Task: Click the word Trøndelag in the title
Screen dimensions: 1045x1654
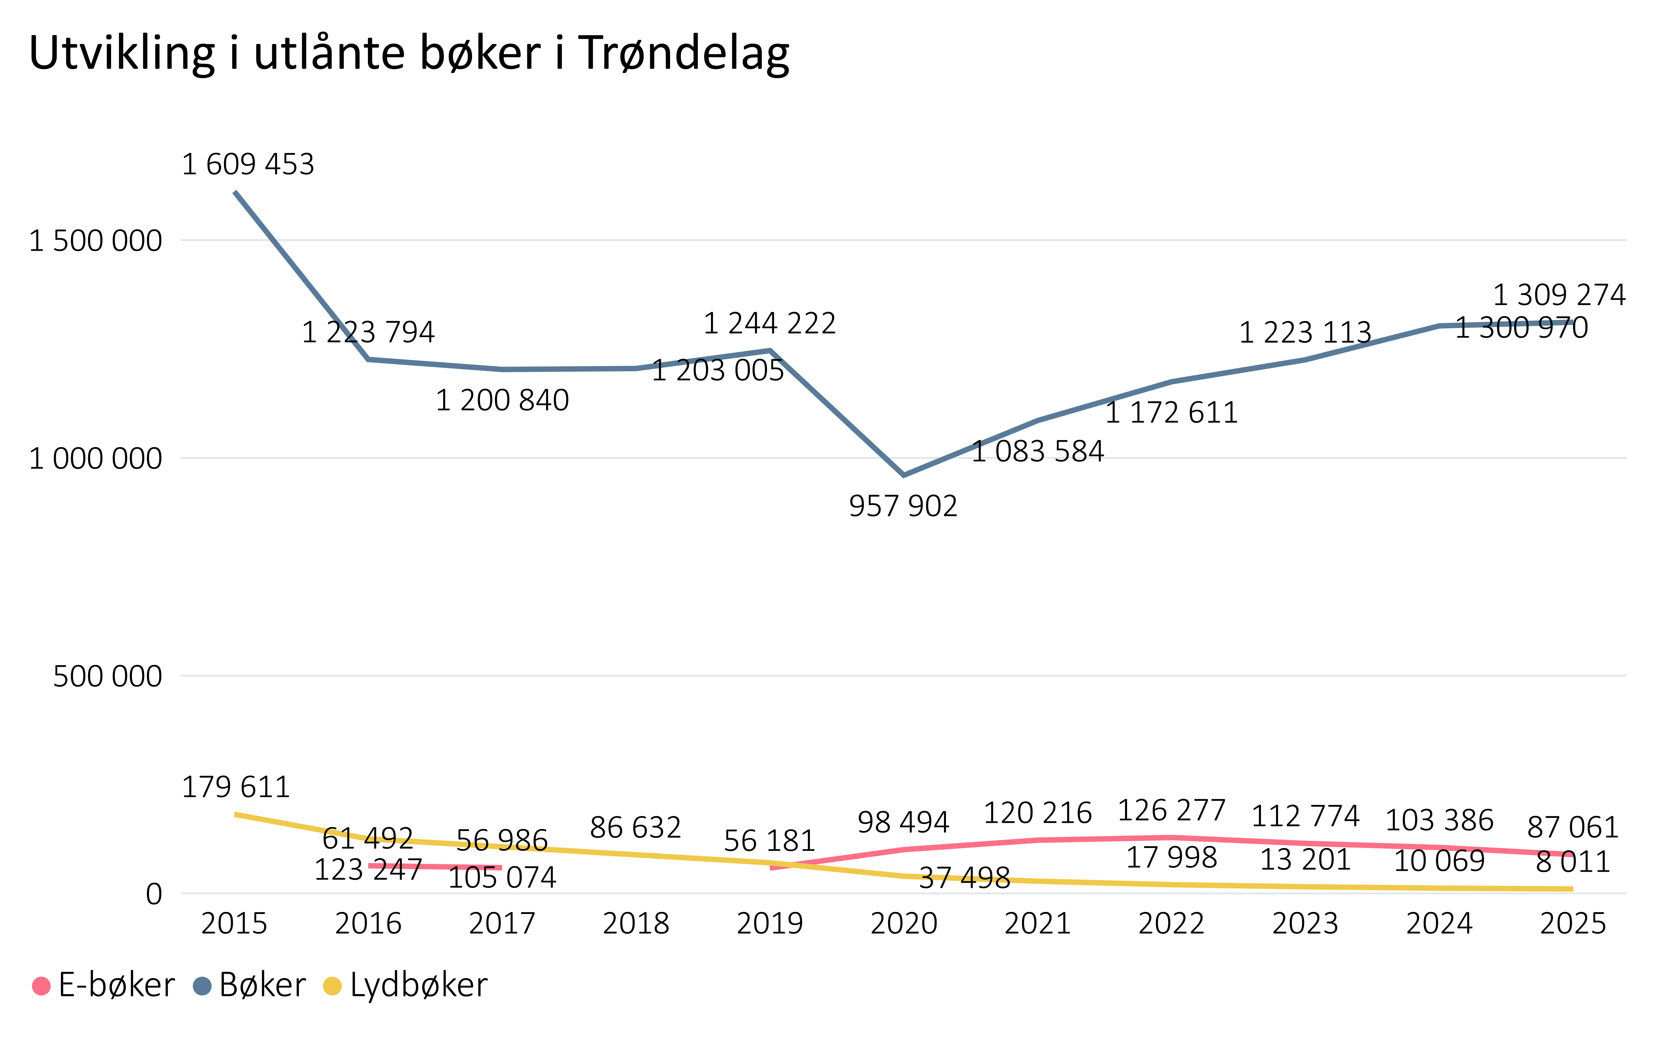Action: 683,54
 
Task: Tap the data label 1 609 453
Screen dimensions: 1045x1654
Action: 248,165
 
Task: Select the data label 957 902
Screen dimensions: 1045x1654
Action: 903,506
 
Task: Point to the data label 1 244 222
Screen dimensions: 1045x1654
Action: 769,324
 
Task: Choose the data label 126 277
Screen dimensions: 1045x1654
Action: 1171,811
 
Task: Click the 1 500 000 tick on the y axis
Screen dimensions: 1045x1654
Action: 95,241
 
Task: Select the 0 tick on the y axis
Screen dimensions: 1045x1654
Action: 154,895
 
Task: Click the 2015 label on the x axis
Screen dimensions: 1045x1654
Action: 234,924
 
